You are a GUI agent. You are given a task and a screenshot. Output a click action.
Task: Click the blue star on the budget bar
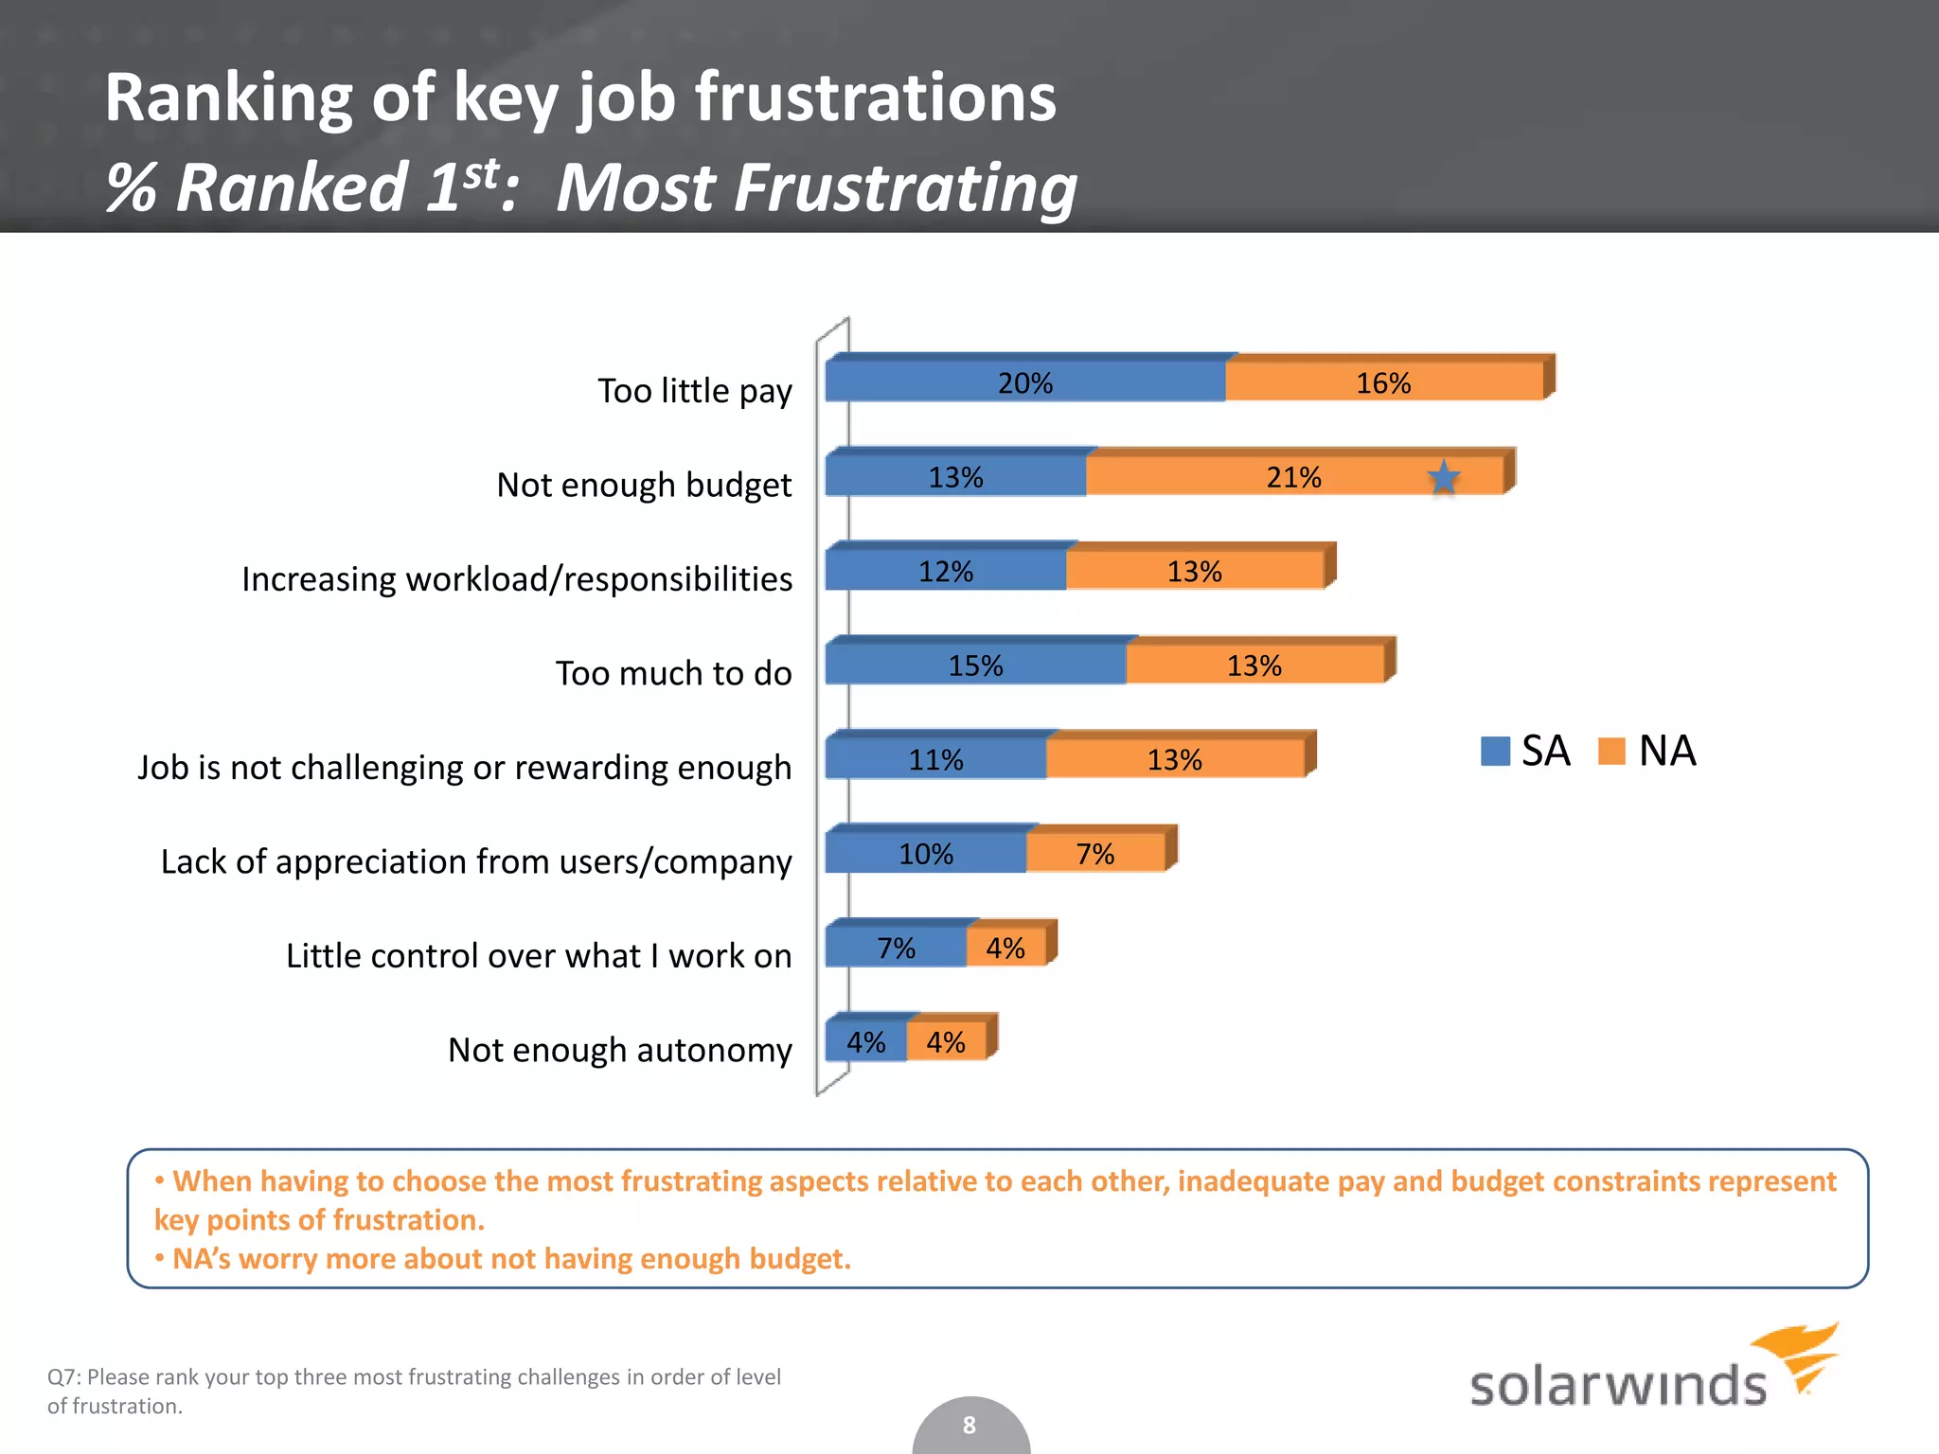click(1443, 477)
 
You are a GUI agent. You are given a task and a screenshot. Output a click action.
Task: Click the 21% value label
click(1293, 477)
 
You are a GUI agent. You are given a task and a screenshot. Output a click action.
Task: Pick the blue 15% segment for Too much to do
click(975, 665)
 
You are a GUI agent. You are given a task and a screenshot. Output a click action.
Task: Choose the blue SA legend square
click(1495, 751)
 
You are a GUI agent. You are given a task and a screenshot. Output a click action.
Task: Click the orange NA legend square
click(1611, 751)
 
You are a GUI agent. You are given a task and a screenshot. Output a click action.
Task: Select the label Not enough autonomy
click(619, 1050)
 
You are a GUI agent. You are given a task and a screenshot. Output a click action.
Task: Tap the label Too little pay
click(694, 391)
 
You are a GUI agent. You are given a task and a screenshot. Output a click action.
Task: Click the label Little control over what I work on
click(538, 956)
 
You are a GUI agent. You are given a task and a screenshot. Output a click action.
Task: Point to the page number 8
click(969, 1425)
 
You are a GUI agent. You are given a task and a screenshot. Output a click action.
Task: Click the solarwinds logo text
click(1617, 1386)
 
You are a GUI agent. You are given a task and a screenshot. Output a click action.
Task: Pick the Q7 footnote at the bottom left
click(414, 1391)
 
